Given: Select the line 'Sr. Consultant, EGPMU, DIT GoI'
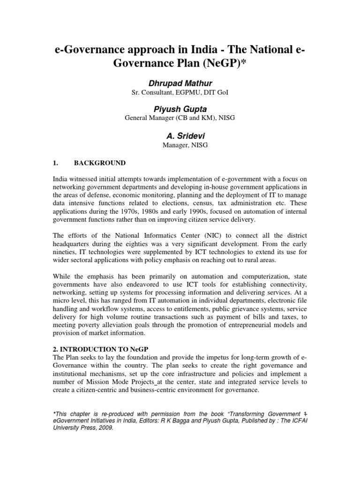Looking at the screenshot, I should click(180, 93).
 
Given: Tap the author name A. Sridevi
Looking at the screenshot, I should click(180, 136).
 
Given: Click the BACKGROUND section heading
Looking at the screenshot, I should click(100, 163).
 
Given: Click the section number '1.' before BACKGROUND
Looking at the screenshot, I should click(55, 163).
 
